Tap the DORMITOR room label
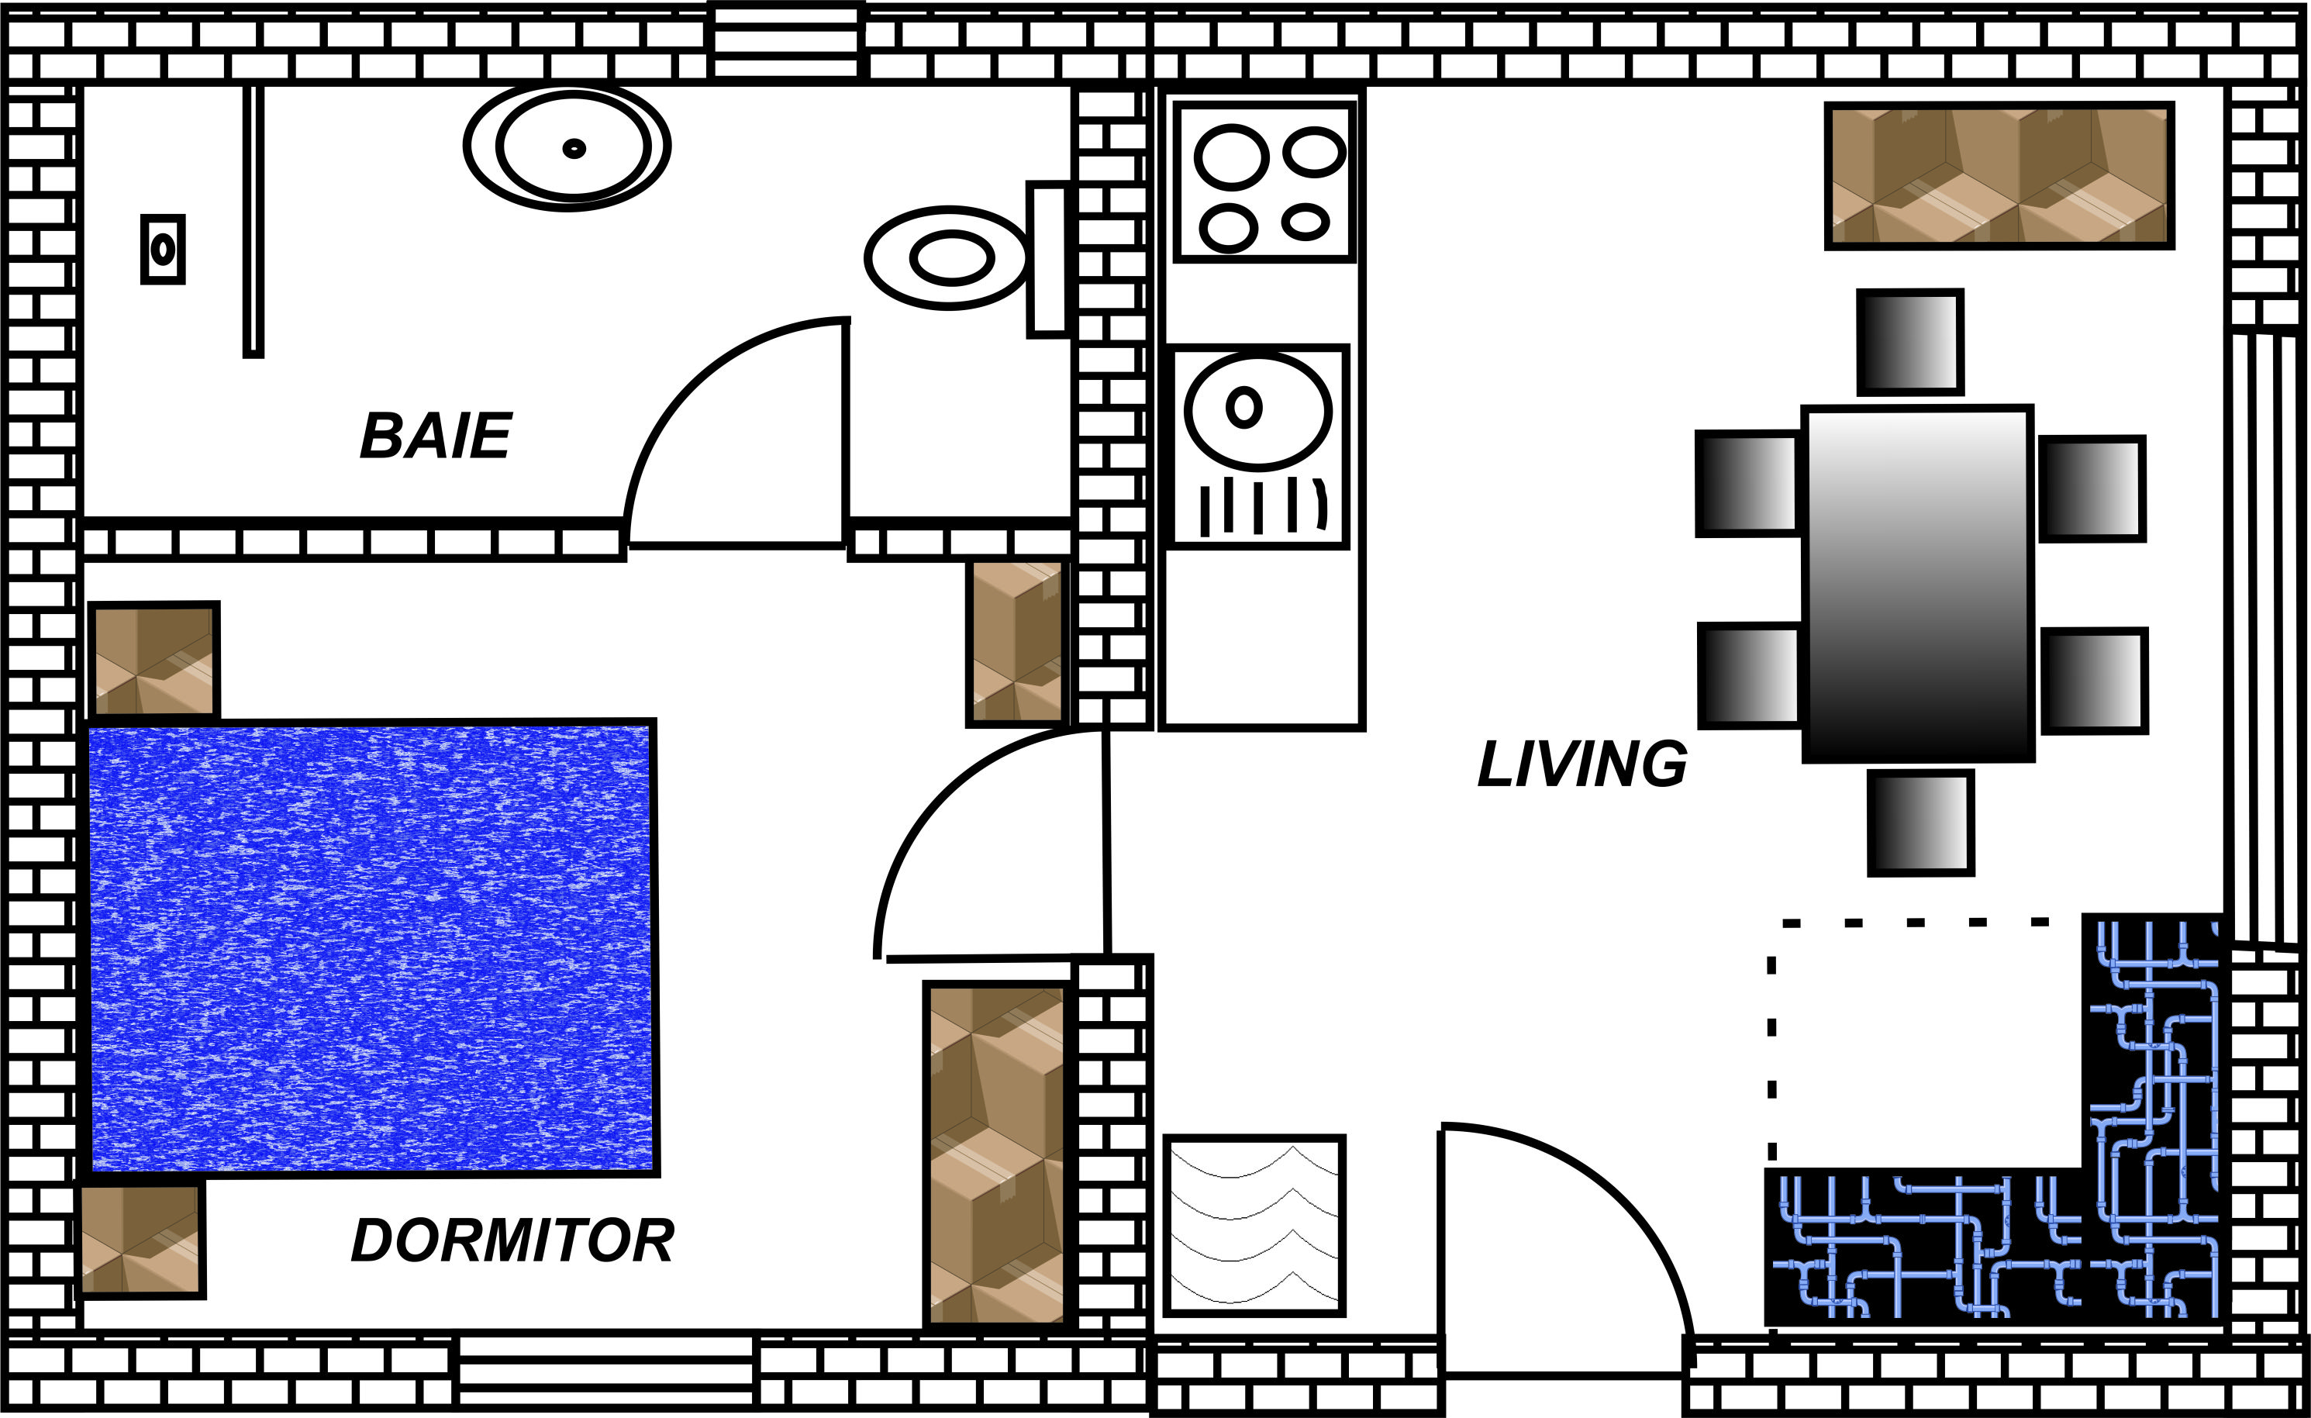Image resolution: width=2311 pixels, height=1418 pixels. coord(512,1240)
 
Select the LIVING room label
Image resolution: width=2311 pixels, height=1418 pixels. coord(1582,764)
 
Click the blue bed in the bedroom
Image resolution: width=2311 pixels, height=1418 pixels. coord(372,947)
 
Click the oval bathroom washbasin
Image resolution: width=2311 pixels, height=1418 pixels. coord(568,147)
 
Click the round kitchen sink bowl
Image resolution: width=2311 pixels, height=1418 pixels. coord(1257,410)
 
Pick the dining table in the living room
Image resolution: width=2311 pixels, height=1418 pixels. coord(1917,583)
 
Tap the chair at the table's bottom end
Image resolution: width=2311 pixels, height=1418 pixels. coord(1921,823)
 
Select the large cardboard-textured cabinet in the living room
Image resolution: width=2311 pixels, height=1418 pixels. coord(1999,175)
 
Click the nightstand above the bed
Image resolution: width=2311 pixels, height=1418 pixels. coord(153,661)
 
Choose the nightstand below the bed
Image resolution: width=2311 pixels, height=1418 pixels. coord(140,1240)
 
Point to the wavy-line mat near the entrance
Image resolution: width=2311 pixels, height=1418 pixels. coord(1254,1225)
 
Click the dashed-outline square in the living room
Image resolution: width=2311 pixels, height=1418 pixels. coord(1923,1041)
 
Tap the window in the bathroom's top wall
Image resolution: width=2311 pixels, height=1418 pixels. coord(786,42)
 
